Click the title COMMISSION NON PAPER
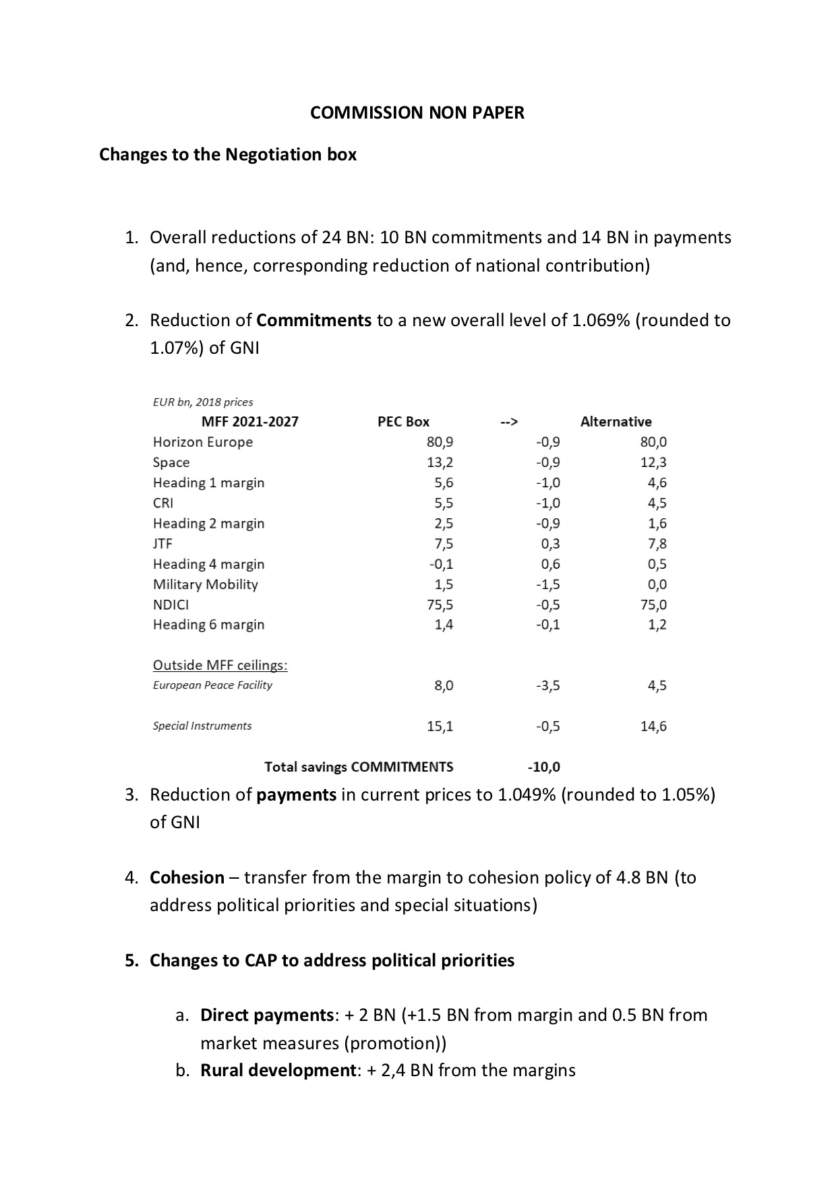[417, 113]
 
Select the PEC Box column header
[403, 422]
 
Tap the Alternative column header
[616, 422]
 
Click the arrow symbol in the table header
[509, 422]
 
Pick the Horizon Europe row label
[203, 442]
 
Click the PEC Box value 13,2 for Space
[440, 462]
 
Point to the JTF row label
[162, 544]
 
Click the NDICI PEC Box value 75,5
[440, 604]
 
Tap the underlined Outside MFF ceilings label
[220, 665]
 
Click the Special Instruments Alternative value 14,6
[653, 726]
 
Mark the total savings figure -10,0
[543, 767]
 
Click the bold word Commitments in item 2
[314, 320]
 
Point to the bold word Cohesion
[187, 877]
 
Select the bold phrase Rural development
[278, 1071]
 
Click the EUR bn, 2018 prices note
[203, 402]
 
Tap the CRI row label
[163, 503]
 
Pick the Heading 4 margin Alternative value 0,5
[657, 564]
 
